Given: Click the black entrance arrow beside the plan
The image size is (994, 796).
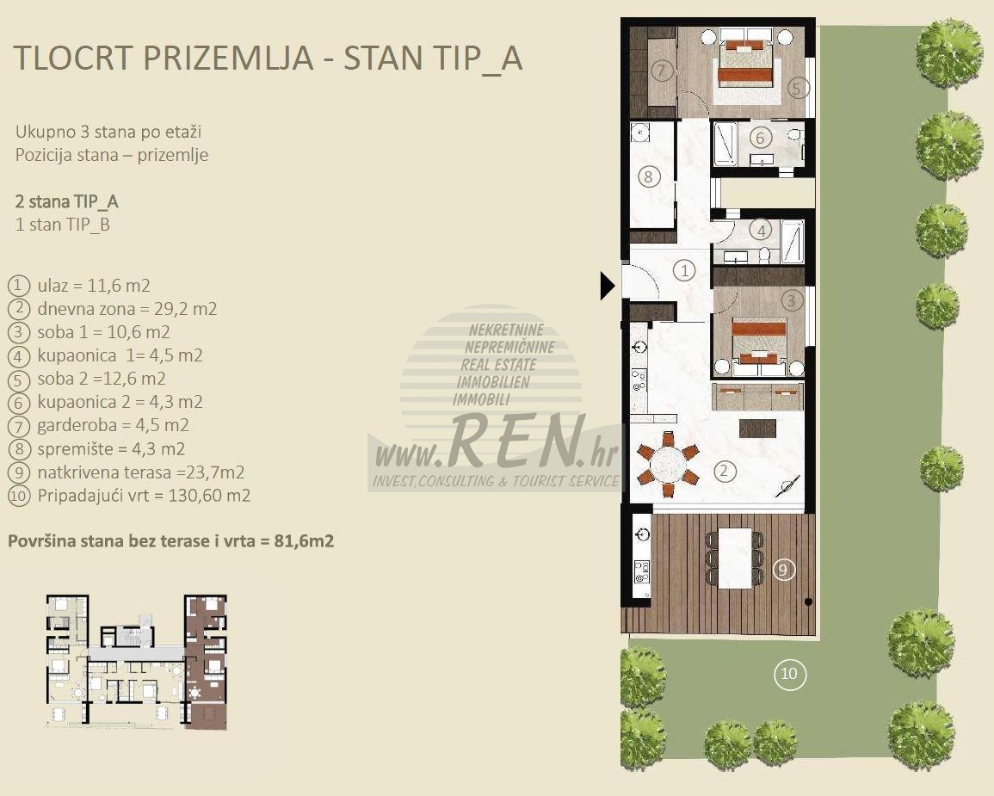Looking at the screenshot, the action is tap(607, 286).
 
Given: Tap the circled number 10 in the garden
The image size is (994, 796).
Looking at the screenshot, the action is tap(789, 674).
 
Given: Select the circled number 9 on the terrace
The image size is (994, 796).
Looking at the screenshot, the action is tap(783, 570).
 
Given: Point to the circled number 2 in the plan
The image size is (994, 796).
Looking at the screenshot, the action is tap(724, 471).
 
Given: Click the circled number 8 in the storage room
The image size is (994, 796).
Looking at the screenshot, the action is tap(648, 176).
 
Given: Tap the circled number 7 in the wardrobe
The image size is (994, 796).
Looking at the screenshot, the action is tap(662, 70).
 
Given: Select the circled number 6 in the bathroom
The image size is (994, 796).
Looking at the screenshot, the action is tap(761, 137).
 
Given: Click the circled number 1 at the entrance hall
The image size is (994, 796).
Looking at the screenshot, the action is tap(685, 271).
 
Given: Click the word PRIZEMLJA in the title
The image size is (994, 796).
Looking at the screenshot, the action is tap(228, 58).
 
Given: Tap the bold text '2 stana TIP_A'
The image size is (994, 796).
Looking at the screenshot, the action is tap(66, 201).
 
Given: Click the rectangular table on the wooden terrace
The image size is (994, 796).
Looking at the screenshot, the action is tap(735, 558).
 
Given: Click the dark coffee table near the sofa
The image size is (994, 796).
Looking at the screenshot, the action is tap(757, 429).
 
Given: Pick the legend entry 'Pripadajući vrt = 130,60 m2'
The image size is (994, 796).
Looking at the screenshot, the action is tap(144, 496).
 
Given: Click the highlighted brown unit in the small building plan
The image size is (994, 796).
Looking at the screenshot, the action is tap(206, 662).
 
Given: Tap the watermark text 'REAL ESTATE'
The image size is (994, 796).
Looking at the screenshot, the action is tap(498, 364).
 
